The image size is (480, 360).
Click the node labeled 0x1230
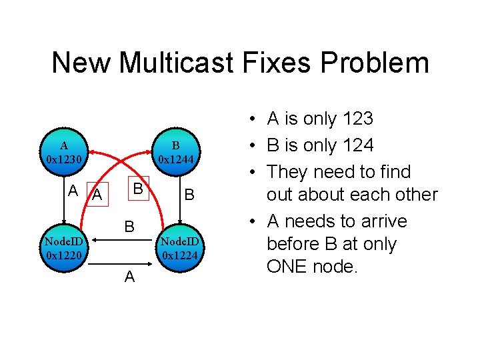[x=64, y=153]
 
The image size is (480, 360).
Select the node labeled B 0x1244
[x=176, y=153]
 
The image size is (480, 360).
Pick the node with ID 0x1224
[x=176, y=247]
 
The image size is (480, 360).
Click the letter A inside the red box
[x=97, y=195]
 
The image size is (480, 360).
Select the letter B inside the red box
[x=136, y=189]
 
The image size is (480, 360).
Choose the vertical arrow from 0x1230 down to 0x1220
[x=64, y=200]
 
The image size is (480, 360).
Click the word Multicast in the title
[x=174, y=63]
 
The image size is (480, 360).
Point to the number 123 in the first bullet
[x=357, y=119]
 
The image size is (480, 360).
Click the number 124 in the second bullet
[x=357, y=145]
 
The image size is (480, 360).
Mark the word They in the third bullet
[x=290, y=172]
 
